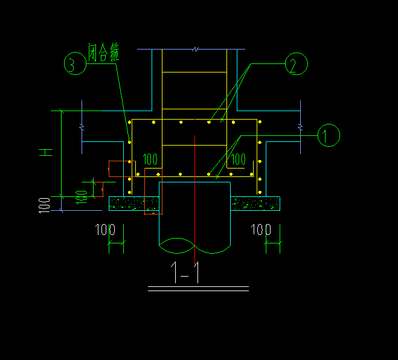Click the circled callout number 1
[329, 135]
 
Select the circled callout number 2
[296, 63]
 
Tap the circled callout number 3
[75, 63]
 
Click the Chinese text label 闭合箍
[103, 53]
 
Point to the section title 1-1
[185, 272]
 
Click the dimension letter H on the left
[46, 152]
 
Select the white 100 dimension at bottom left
[105, 230]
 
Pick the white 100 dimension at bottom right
[261, 230]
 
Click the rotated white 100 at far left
[44, 205]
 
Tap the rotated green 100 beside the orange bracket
[82, 198]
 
